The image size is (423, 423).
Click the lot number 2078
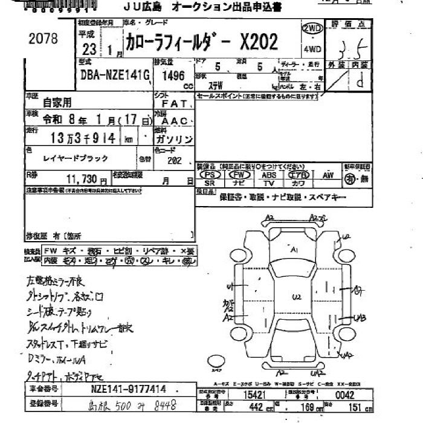pos(43,39)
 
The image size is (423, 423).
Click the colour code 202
pos(176,161)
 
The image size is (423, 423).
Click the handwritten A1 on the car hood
pos(294,250)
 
